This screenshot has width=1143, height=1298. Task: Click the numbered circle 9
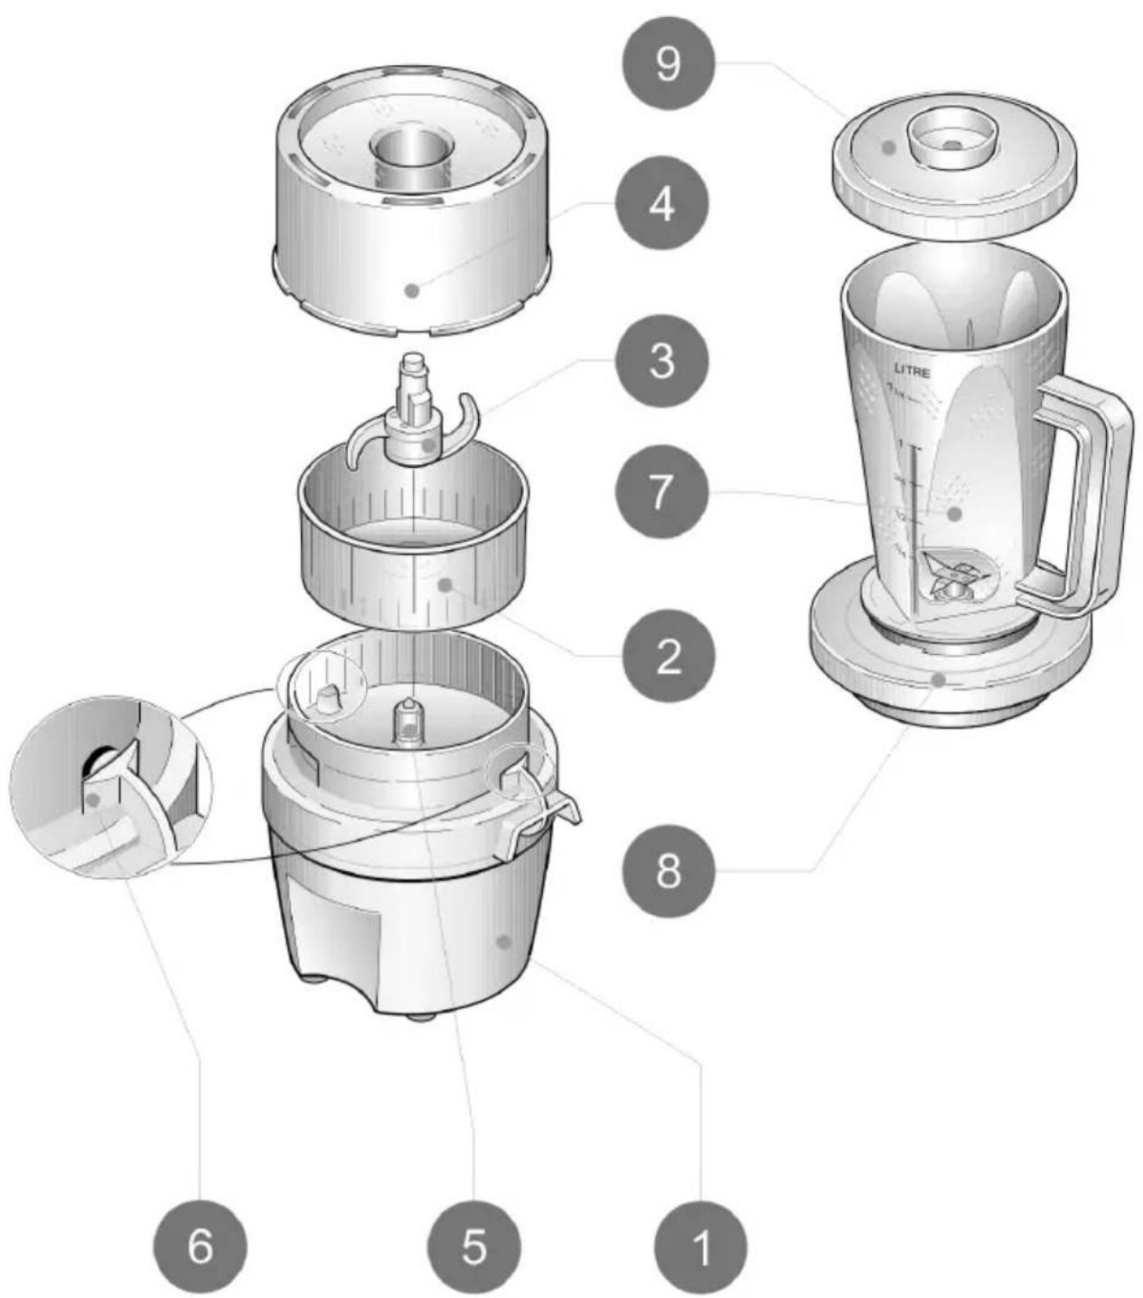pyautogui.click(x=667, y=64)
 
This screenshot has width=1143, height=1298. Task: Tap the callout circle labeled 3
pyautogui.click(x=662, y=362)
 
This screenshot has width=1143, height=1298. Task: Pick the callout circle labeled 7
pyautogui.click(x=662, y=492)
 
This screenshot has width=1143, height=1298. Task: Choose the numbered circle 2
pyautogui.click(x=669, y=657)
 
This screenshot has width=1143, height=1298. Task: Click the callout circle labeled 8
pyautogui.click(x=669, y=873)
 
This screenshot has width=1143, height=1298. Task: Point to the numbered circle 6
pyautogui.click(x=201, y=1247)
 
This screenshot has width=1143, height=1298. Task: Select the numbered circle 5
pyautogui.click(x=473, y=1247)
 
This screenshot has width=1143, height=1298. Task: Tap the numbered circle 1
pyautogui.click(x=701, y=1247)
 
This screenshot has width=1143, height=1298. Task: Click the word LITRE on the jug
pyautogui.click(x=912, y=369)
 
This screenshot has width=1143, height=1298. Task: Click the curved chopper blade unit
pyautogui.click(x=411, y=425)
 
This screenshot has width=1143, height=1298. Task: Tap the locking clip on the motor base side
pyautogui.click(x=538, y=804)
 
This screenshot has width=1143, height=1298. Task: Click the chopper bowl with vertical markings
pyautogui.click(x=411, y=560)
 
